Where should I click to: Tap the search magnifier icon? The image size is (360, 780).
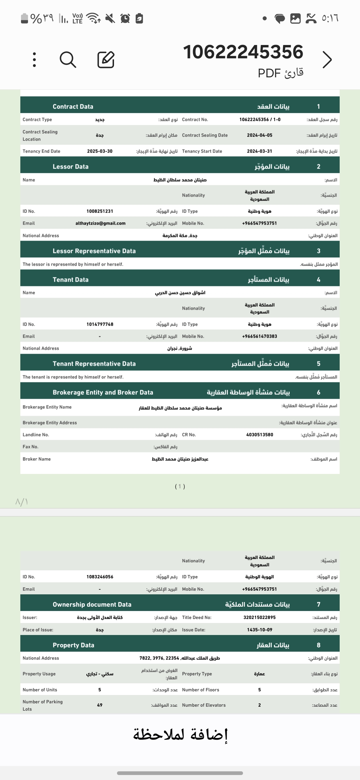[x=68, y=60]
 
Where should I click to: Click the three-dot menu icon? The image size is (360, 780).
[x=34, y=60]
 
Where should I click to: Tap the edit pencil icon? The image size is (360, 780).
[x=106, y=60]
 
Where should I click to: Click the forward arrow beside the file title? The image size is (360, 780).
[x=327, y=60]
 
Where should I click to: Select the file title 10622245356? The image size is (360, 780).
[x=243, y=52]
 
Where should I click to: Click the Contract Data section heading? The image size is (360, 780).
[x=73, y=107]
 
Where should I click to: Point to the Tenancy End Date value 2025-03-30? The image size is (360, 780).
[x=100, y=151]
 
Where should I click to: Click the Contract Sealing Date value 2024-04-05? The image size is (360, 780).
[x=259, y=135]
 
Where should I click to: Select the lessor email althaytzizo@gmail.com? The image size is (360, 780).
[x=100, y=223]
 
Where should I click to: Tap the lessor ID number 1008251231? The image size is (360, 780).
[x=100, y=211]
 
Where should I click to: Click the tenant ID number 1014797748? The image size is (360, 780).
[x=100, y=324]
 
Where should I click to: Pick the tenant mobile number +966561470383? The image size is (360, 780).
[x=259, y=336]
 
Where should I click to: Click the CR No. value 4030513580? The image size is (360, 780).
[x=259, y=435]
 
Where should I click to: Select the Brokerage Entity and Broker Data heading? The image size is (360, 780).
[x=103, y=392]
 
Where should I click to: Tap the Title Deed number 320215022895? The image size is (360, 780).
[x=259, y=617]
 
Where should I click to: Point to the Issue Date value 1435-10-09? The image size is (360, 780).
[x=259, y=630]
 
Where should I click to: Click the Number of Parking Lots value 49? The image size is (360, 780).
[x=100, y=705]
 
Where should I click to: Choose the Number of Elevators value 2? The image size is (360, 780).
[x=259, y=705]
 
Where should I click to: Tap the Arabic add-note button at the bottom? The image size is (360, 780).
[x=180, y=735]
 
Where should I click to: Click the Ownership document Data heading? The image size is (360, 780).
[x=92, y=604]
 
